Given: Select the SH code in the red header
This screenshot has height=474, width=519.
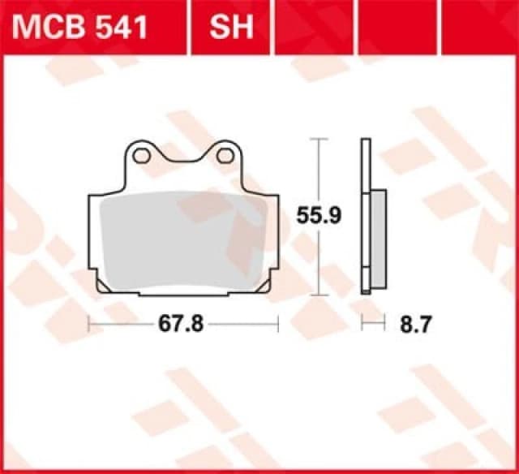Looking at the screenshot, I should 231,27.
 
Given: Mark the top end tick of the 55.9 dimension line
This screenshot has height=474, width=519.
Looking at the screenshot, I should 321,140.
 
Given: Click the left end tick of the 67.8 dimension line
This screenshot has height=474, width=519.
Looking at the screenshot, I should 88,324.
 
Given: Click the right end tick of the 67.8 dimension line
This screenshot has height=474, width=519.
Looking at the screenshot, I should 277,324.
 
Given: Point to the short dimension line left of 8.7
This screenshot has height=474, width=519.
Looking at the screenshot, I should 371,324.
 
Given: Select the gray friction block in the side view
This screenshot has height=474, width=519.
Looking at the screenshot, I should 378,239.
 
